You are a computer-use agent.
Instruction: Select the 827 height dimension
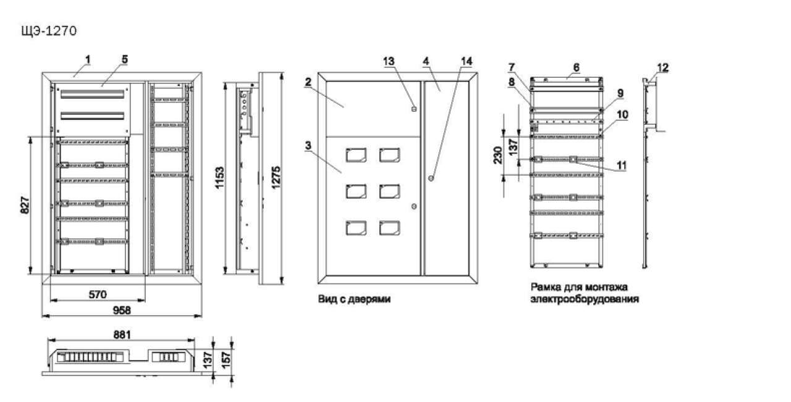tap(25, 204)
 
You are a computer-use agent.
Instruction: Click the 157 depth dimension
tap(228, 357)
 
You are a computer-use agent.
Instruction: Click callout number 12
tap(661, 67)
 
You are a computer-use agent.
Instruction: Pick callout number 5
tap(124, 59)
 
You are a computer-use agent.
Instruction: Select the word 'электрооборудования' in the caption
tap(584, 298)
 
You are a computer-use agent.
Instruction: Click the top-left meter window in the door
tap(355, 155)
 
